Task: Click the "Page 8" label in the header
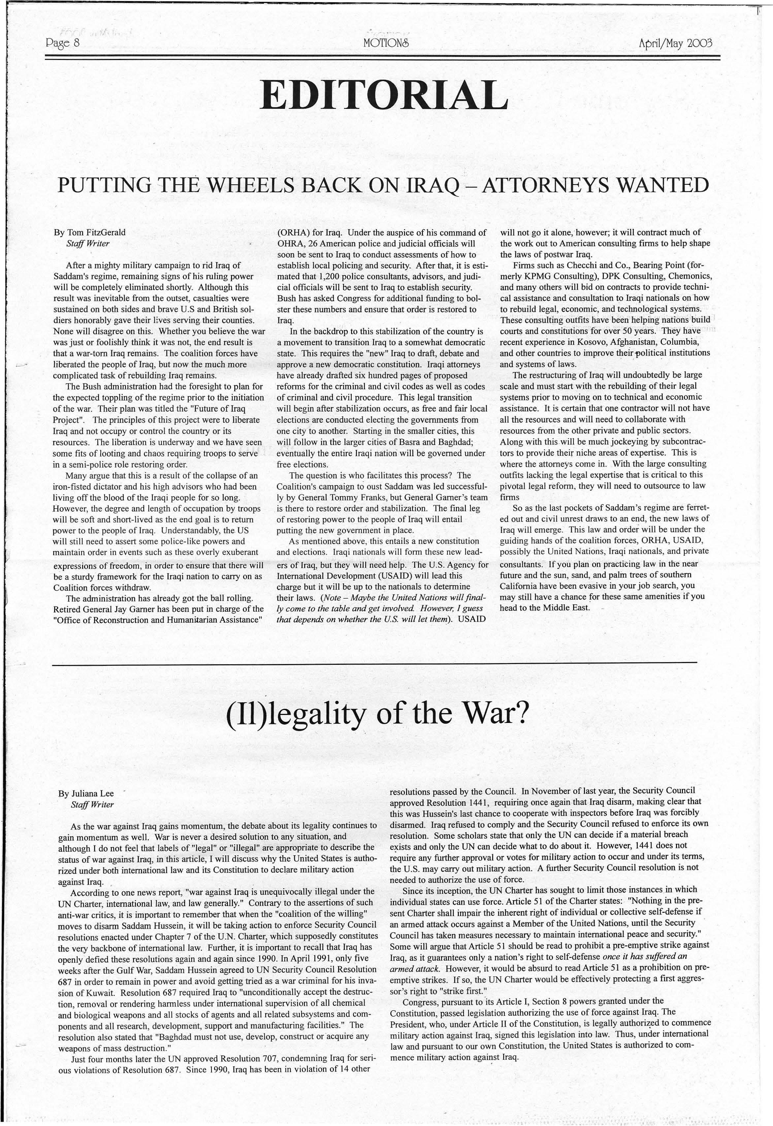pos(62,43)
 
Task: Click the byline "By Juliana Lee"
pos(86,793)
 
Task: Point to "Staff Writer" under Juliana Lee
pos(92,804)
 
